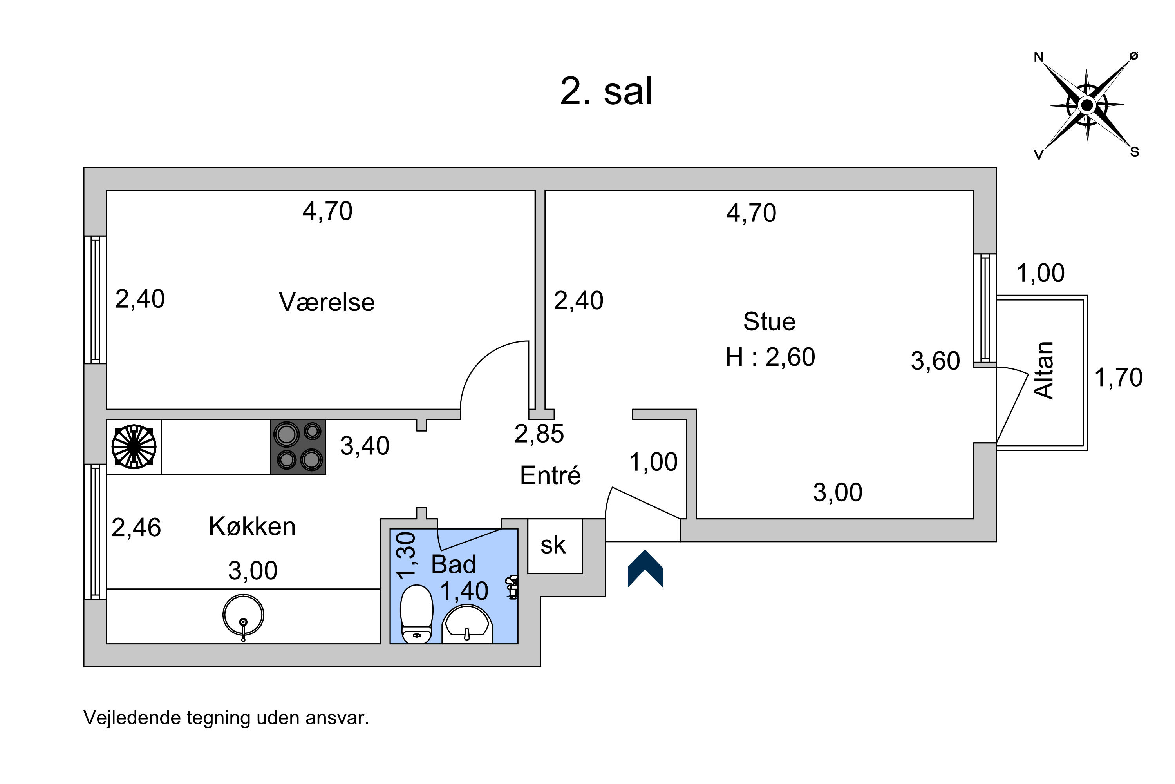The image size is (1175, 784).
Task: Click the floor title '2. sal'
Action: (606, 91)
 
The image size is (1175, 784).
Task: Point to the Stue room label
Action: (769, 321)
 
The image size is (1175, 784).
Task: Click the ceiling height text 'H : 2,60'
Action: (770, 357)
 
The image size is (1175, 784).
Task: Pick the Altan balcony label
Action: (1044, 370)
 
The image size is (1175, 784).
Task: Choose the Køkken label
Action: (252, 526)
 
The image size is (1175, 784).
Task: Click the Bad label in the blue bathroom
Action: (453, 564)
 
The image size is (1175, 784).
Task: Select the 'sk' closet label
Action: (553, 546)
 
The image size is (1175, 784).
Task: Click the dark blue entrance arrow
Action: (645, 568)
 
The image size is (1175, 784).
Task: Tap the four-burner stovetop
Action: (298, 446)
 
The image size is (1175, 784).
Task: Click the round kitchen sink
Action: (243, 615)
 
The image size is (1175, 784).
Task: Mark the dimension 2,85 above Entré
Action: (539, 434)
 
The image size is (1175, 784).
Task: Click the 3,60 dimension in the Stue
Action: (935, 361)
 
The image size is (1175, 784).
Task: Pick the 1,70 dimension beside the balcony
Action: (1119, 377)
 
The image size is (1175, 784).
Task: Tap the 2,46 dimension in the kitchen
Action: (136, 528)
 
